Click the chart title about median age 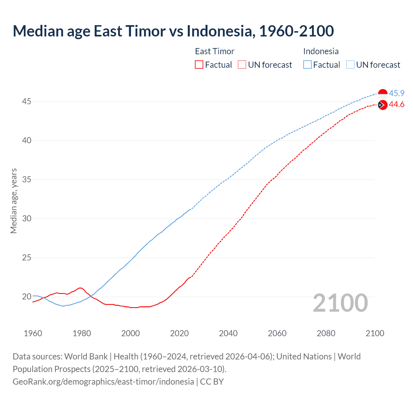173,31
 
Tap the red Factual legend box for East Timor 199,65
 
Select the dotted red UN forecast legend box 242,65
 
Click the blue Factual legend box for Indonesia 307,65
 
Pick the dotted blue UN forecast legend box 350,65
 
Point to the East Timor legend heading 215,51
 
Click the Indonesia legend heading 321,51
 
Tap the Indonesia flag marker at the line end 383,94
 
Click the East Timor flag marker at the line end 383,105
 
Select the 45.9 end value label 397,93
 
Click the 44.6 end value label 397,105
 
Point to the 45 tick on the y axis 26,102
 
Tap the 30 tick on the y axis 26,219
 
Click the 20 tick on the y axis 26,297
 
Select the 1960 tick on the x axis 33,333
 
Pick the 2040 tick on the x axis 228,333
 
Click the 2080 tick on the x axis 326,333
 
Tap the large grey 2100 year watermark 340,303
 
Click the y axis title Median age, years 14,201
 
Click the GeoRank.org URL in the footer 103,382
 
